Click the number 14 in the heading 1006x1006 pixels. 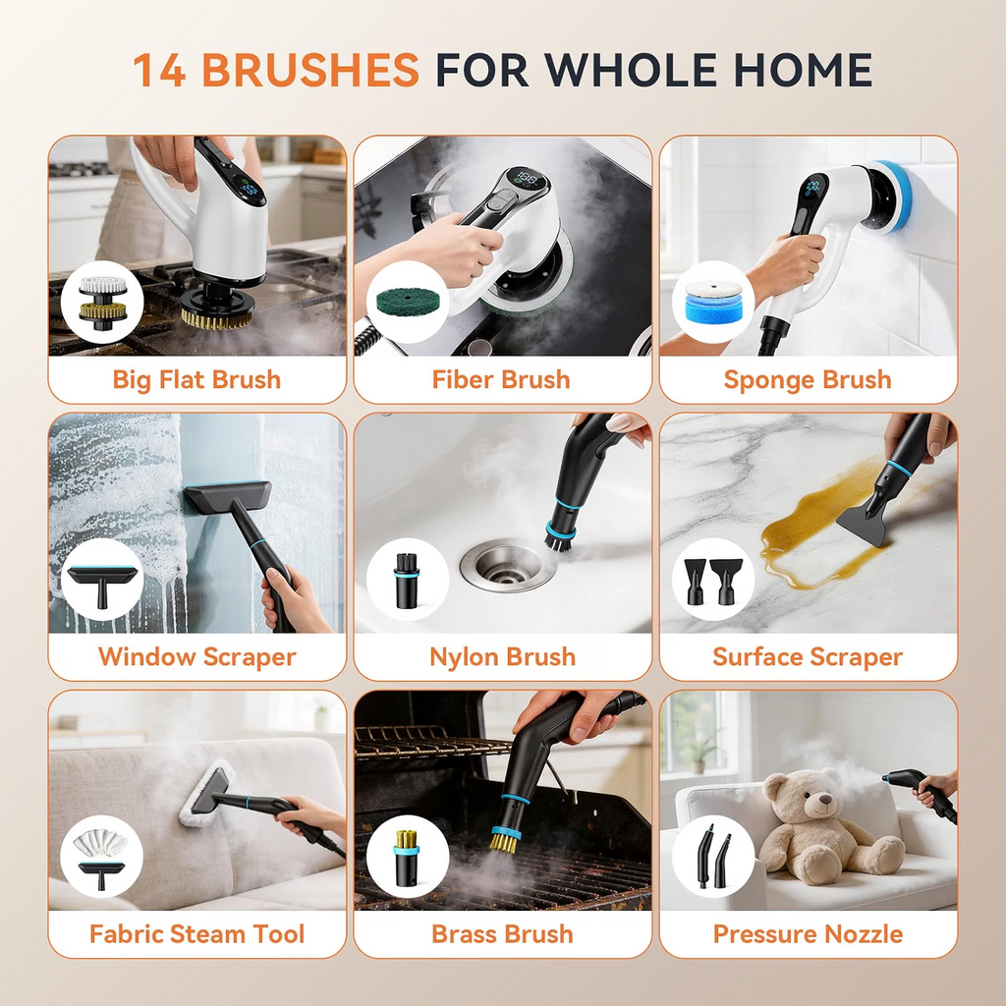[x=160, y=70]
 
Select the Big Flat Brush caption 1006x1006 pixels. [x=196, y=379]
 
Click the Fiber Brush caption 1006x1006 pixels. [x=501, y=379]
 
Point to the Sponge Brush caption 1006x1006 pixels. [x=808, y=380]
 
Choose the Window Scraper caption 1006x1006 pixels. [x=196, y=657]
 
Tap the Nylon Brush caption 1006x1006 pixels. [x=502, y=657]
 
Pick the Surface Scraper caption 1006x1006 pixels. [x=808, y=657]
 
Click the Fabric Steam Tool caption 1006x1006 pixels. [x=196, y=934]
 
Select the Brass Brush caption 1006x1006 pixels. [x=502, y=934]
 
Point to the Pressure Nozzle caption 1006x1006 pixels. [x=808, y=934]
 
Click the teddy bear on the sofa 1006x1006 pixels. [x=827, y=826]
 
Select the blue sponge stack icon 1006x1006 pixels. [x=713, y=302]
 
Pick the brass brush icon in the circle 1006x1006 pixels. [x=407, y=857]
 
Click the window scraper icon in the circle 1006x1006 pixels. [x=102, y=583]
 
